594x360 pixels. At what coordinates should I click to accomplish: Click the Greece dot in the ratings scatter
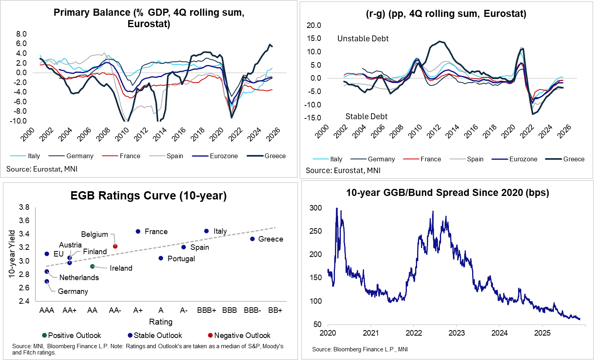coord(252,239)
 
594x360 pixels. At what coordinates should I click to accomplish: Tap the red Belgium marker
coord(115,246)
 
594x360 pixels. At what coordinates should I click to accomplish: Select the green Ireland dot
coord(92,266)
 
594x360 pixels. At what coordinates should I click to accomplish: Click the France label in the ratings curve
coord(156,232)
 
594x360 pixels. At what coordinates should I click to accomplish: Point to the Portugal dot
coord(161,258)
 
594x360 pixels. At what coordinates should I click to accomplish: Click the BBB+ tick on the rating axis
coord(206,310)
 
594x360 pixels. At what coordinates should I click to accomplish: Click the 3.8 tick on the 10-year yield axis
coord(24,207)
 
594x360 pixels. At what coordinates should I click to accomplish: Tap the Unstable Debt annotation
coord(363,39)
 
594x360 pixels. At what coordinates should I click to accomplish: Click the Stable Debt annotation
coord(366,116)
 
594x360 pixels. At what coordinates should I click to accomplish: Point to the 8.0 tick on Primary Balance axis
coord(21,34)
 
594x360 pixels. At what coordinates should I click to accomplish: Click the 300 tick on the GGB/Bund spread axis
coord(316,208)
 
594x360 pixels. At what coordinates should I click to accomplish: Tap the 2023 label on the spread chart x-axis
coord(456,333)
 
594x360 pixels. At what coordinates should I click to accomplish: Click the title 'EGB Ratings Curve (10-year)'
coord(148,196)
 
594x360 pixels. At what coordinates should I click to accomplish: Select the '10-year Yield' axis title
coord(12,254)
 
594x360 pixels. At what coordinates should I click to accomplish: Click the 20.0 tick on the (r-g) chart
coord(314,25)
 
